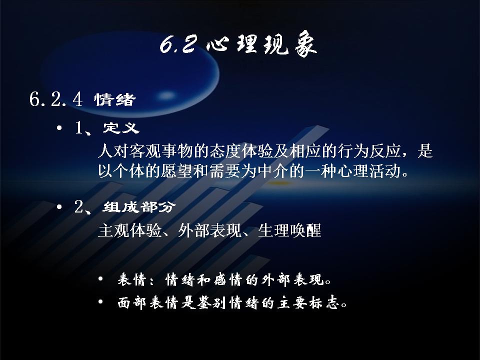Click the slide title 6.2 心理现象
238,46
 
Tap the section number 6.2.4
56,99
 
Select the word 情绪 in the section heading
115,100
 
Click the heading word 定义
121,127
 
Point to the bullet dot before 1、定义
59,127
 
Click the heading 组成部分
139,207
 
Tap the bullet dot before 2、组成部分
59,207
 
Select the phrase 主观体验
130,230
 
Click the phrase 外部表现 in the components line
209,230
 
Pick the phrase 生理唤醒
289,230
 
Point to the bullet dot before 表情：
100,279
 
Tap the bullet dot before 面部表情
100,302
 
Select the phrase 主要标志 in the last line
308,303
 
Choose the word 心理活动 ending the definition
368,171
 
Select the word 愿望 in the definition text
177,171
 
